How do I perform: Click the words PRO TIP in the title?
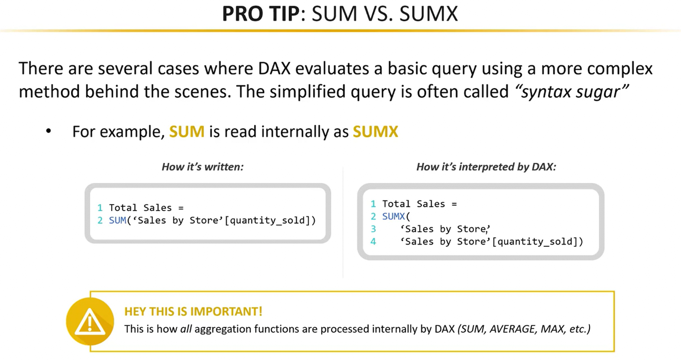click(261, 14)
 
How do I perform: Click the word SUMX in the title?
click(429, 14)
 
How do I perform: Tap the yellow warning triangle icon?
click(90, 321)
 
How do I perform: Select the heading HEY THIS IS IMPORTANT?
click(193, 311)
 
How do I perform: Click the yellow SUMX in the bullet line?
click(376, 131)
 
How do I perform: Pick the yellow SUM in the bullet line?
click(187, 131)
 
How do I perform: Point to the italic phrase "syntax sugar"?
click(571, 92)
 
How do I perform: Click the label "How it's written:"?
click(203, 167)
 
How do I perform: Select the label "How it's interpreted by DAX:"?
click(486, 167)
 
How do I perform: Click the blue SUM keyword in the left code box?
click(118, 220)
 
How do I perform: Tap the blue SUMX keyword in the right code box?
click(394, 216)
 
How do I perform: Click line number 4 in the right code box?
click(373, 242)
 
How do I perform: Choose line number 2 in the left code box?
click(100, 220)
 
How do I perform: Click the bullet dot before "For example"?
click(49, 131)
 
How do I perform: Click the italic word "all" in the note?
click(186, 329)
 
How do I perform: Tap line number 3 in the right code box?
click(373, 229)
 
